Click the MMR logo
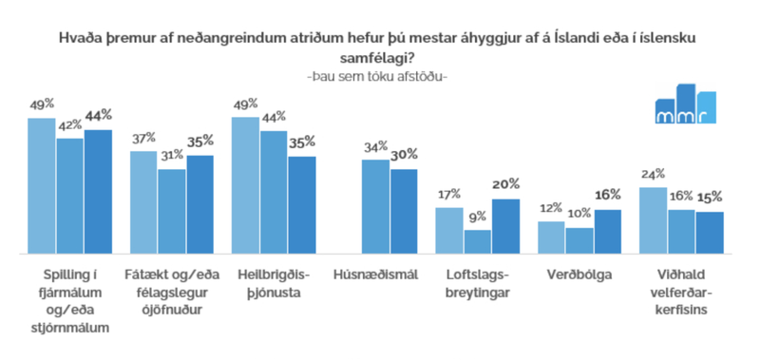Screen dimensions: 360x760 click(685, 104)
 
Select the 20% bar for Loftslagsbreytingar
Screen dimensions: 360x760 click(505, 226)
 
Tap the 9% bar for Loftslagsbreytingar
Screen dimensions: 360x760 click(478, 241)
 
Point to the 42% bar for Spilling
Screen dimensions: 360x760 click(70, 196)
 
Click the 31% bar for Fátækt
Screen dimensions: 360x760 click(172, 211)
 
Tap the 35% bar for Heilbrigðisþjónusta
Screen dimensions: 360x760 click(302, 204)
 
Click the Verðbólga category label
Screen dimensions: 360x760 click(579, 275)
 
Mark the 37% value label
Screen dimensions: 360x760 click(144, 139)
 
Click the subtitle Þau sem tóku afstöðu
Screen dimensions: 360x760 click(379, 76)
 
